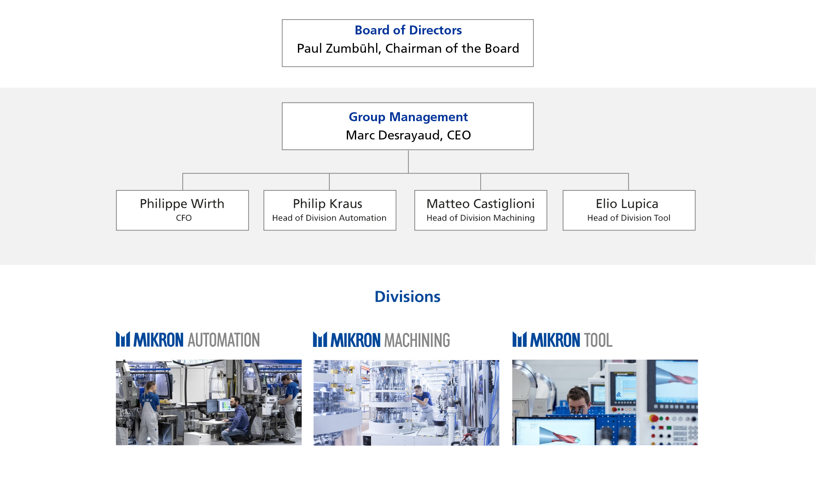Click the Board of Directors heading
point(408,30)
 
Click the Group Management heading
point(408,117)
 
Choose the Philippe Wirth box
point(182,210)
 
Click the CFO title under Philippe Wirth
point(184,218)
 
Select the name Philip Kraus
point(327,204)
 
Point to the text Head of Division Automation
point(329,218)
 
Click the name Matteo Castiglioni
point(480,204)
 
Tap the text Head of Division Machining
point(480,218)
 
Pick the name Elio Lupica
point(627,204)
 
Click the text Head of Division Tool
point(629,218)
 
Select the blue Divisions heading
point(408,296)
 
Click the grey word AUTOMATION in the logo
point(224,340)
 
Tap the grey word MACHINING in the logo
point(417,340)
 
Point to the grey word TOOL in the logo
point(598,340)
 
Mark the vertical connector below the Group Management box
point(408,162)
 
